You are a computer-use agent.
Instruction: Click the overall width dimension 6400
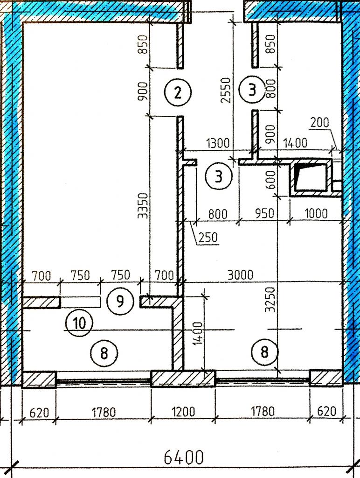click(184, 457)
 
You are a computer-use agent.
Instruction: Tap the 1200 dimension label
click(183, 412)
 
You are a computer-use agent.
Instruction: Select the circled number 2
click(178, 92)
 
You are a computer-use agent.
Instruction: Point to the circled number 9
click(120, 302)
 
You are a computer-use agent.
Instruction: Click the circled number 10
click(79, 323)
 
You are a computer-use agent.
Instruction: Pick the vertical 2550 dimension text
click(226, 90)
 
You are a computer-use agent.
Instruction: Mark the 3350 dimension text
click(143, 205)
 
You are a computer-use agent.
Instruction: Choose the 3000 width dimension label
click(240, 275)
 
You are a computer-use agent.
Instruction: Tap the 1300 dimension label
click(218, 143)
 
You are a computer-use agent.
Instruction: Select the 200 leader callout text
click(320, 123)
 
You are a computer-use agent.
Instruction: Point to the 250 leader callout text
click(208, 237)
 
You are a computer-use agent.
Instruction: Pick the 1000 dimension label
click(316, 213)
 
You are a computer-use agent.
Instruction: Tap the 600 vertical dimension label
click(270, 179)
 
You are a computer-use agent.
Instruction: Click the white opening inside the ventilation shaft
click(311, 177)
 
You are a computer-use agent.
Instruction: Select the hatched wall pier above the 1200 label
click(183, 378)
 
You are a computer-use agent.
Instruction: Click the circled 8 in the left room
click(104, 353)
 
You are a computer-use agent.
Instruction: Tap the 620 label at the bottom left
click(39, 413)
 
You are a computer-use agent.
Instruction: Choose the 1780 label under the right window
click(263, 412)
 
